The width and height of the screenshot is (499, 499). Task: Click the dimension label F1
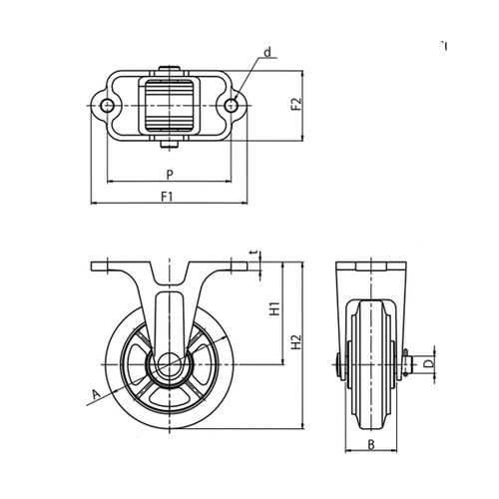tap(168, 197)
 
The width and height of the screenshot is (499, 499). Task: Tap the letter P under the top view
tap(170, 175)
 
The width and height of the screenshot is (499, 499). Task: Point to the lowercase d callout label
tap(267, 52)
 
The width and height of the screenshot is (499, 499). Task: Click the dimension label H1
tap(274, 308)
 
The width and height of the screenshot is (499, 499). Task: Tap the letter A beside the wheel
tap(96, 395)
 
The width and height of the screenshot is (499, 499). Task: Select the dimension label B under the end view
tap(371, 445)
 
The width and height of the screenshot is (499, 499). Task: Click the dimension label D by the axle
tap(430, 363)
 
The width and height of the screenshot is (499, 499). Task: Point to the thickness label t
tap(254, 253)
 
